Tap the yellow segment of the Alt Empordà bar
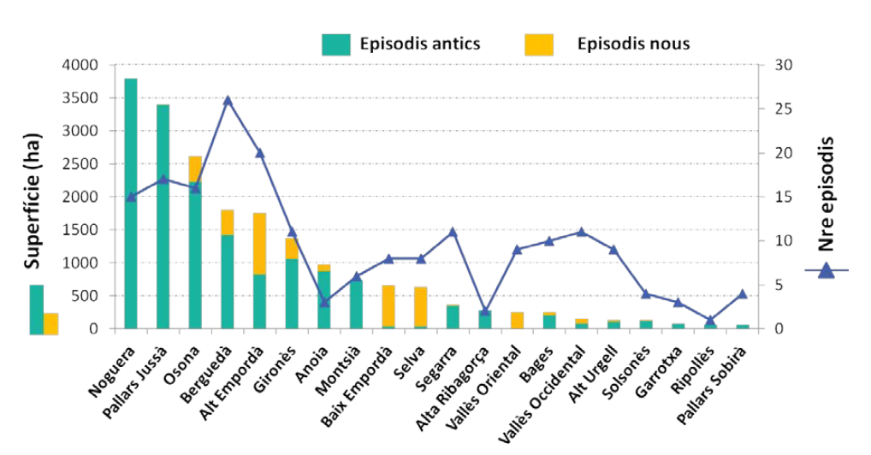pyautogui.click(x=259, y=244)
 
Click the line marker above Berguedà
pyautogui.click(x=228, y=100)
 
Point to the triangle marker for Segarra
pyautogui.click(x=453, y=232)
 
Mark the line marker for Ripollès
pyautogui.click(x=710, y=320)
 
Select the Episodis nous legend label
pyautogui.click(x=633, y=44)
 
